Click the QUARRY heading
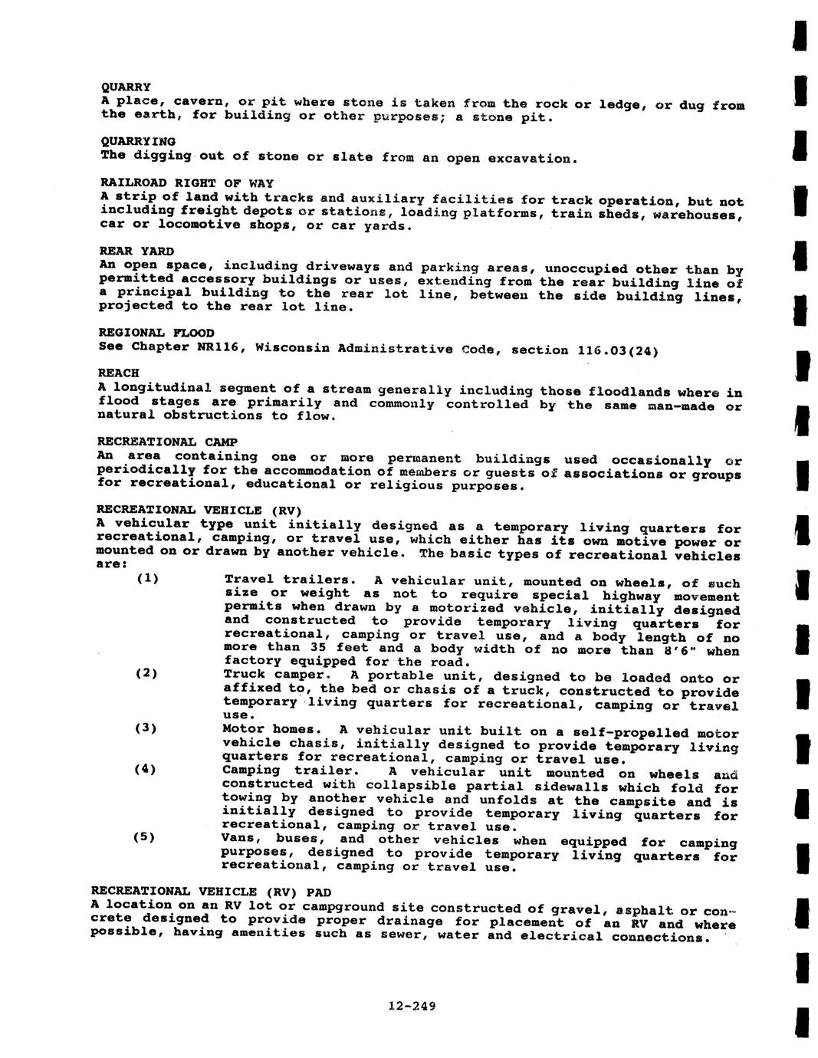126,87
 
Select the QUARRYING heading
138,142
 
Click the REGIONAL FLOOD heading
156,333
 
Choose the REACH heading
119,373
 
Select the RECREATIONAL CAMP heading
167,442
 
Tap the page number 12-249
412,1007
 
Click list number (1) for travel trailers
147,578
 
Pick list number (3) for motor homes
146,728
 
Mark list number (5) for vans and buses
144,836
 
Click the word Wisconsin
293,348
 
